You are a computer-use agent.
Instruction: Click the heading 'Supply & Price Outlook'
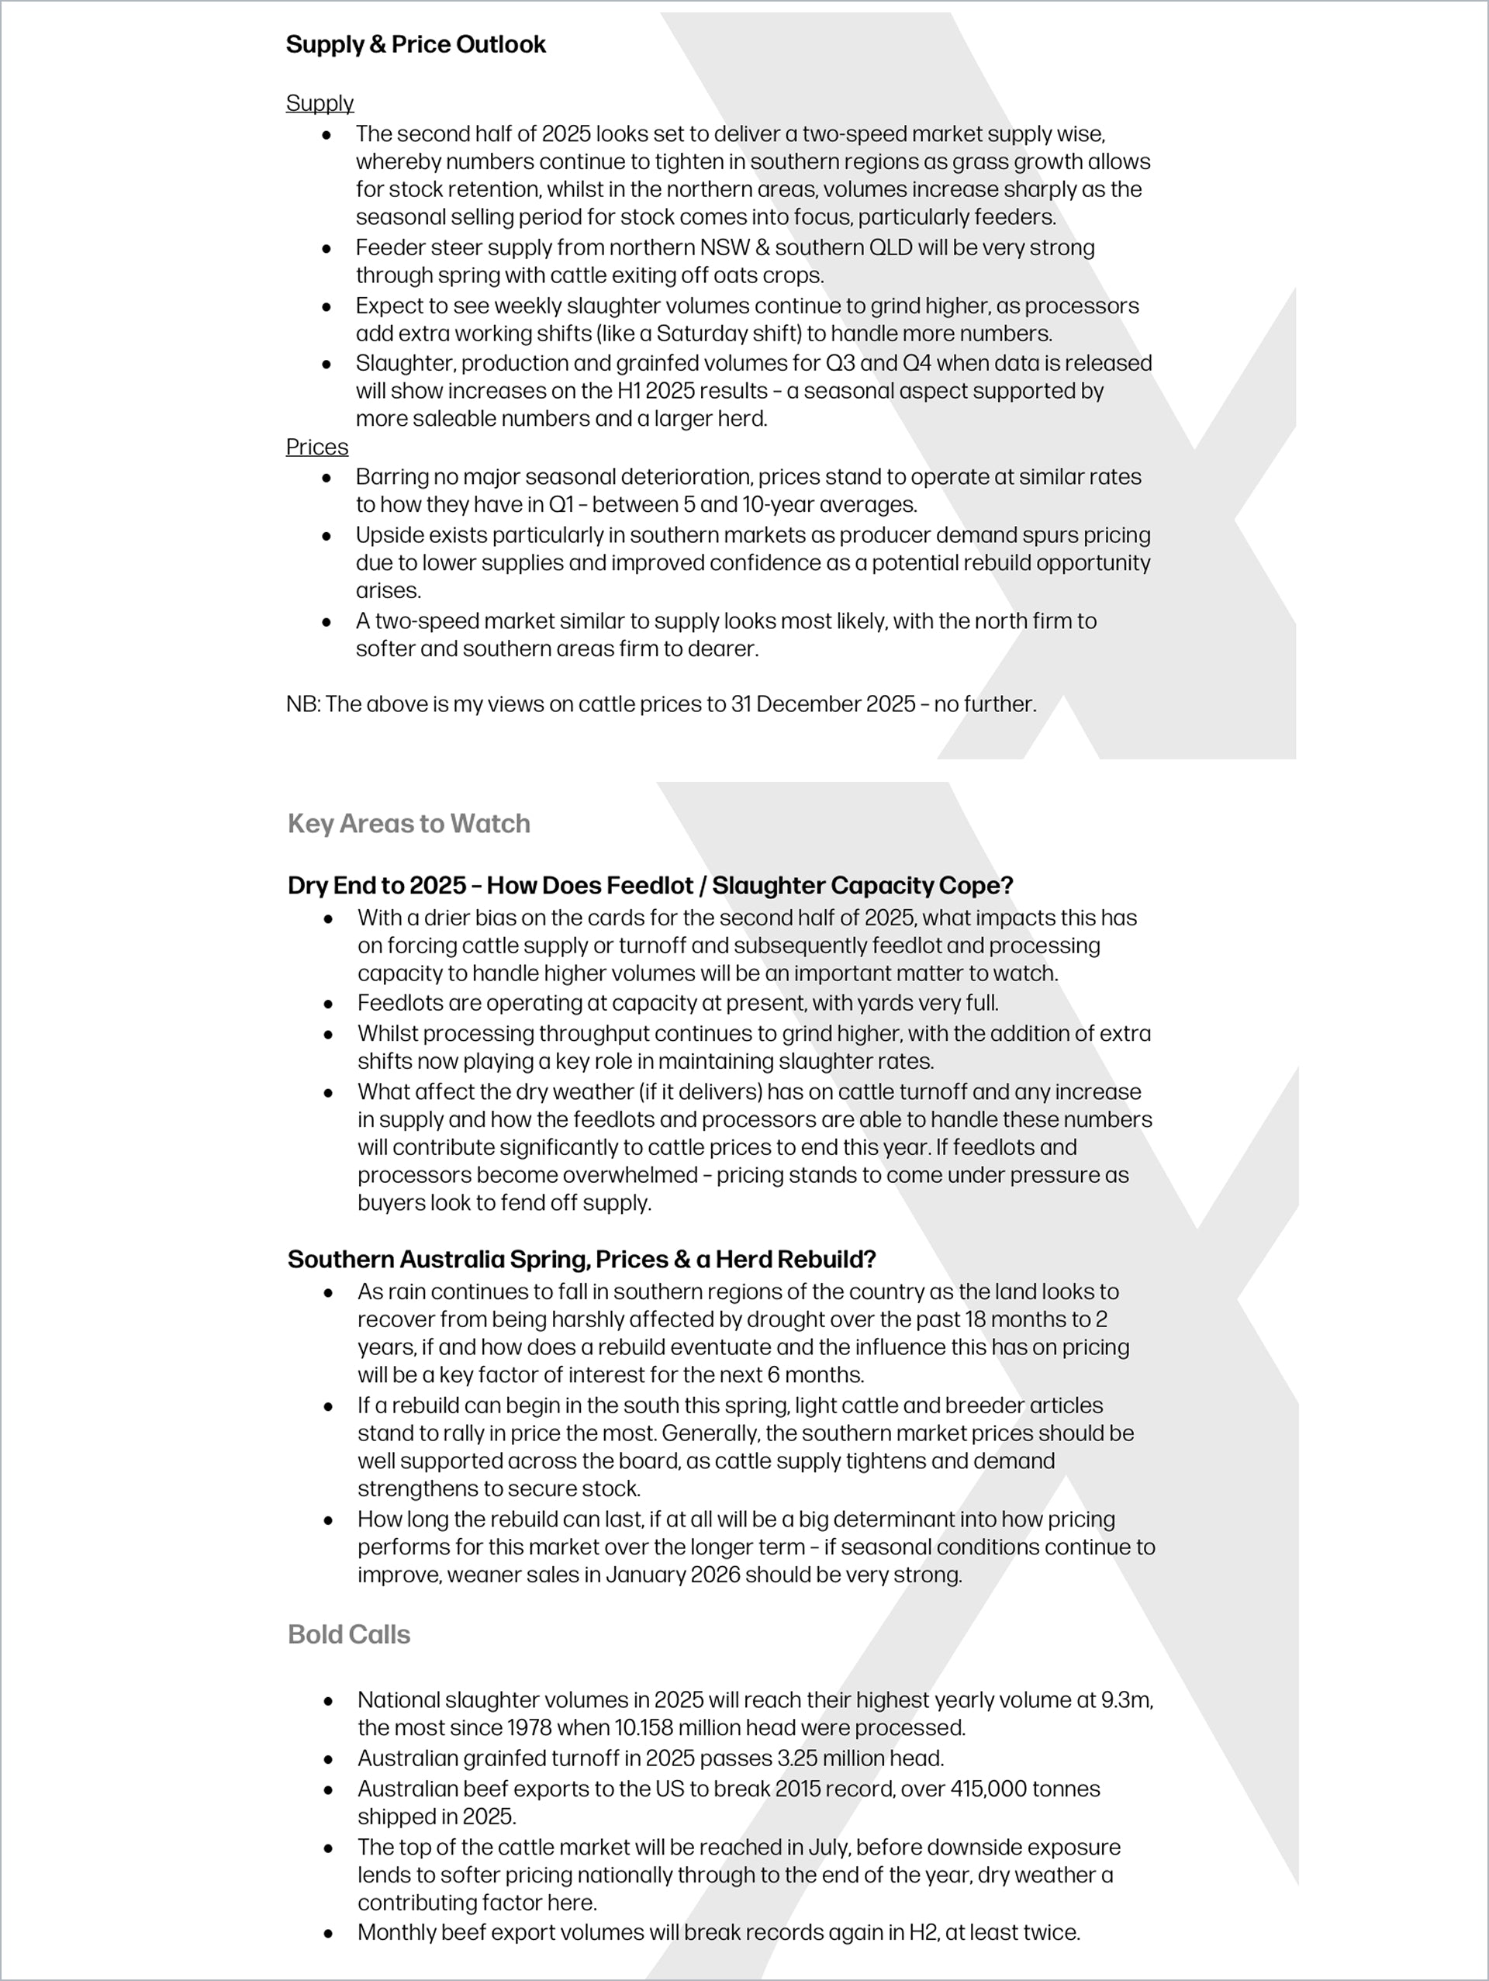point(416,45)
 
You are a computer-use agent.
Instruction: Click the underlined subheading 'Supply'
point(320,104)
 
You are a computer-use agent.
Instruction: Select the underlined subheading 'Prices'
point(317,447)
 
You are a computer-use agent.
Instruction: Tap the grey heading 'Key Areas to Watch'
point(409,824)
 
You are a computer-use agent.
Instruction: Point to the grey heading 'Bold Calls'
point(349,1634)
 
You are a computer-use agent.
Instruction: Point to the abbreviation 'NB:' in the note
point(302,704)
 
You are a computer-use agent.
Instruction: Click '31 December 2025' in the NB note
point(821,704)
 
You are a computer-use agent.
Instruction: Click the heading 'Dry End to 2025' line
point(650,886)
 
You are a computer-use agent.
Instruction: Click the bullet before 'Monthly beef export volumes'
point(329,1934)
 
